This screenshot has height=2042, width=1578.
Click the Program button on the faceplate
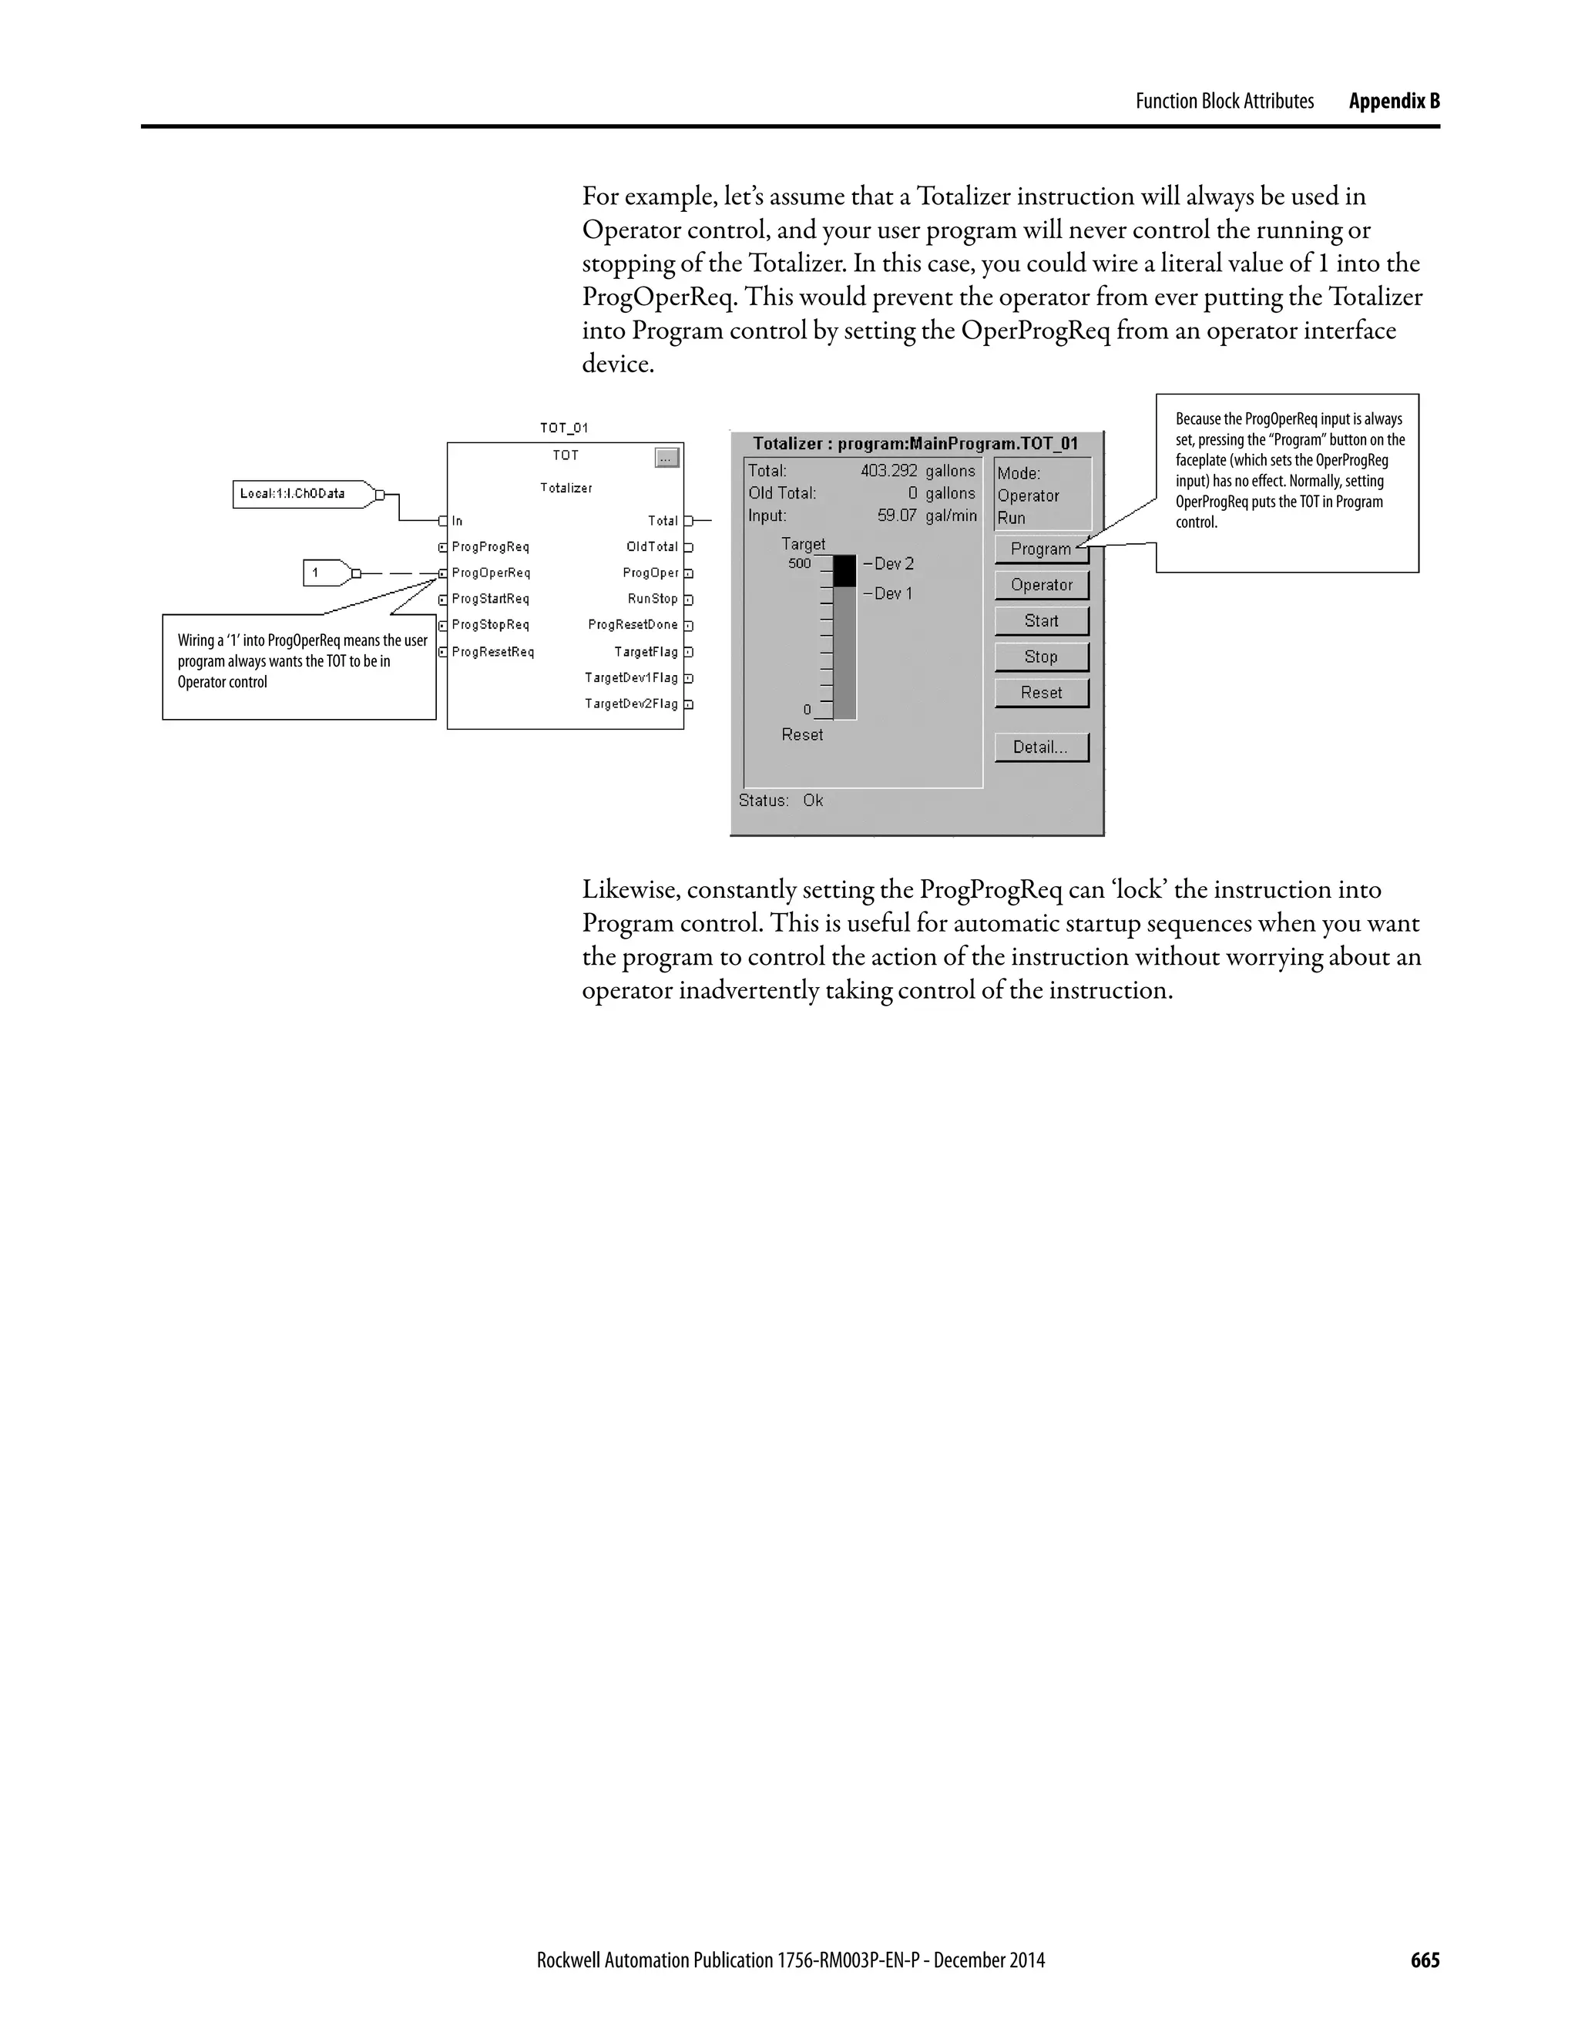pos(1040,549)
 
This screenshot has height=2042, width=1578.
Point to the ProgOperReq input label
pos(491,573)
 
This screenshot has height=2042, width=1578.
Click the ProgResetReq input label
pos(492,652)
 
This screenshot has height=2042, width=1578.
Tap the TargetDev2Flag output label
pos(631,704)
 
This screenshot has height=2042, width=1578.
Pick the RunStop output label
pos(653,600)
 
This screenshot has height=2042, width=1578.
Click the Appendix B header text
pos(1394,101)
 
